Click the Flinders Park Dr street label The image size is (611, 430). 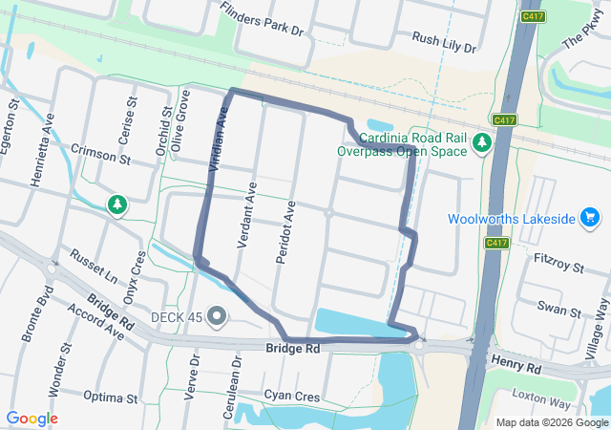(261, 19)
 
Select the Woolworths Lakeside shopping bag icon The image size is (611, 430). (591, 220)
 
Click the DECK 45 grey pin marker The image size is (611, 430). (218, 315)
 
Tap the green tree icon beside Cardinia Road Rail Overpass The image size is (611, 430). (482, 142)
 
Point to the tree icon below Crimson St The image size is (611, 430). (116, 204)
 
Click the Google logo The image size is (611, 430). (32, 419)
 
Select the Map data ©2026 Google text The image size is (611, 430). (551, 422)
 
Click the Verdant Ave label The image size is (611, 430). (248, 218)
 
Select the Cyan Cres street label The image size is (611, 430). (291, 395)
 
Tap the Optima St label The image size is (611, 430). (111, 397)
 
